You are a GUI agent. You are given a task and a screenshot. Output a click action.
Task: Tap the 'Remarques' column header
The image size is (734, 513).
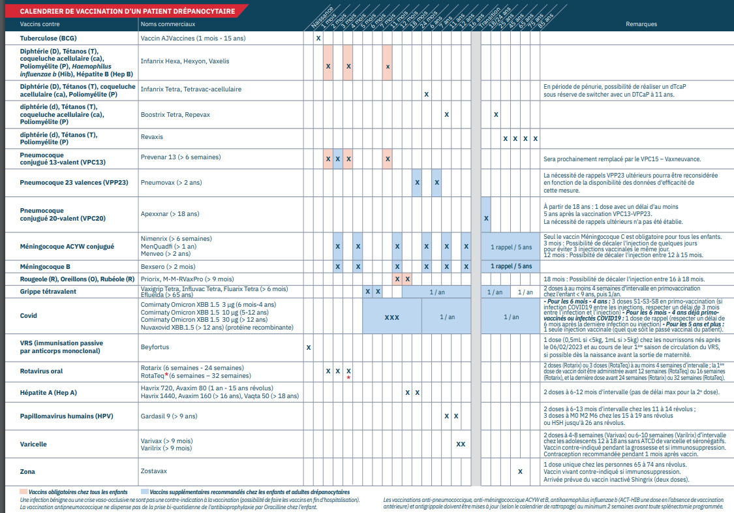[x=641, y=24]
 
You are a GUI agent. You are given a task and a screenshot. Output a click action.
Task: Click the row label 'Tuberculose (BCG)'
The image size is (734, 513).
[x=47, y=39]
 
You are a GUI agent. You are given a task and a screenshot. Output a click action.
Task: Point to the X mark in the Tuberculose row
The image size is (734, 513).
[x=318, y=39]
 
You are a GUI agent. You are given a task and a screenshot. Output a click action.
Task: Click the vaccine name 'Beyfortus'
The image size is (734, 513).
[x=155, y=347]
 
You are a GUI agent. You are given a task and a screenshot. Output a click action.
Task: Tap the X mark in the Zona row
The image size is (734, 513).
[x=520, y=471]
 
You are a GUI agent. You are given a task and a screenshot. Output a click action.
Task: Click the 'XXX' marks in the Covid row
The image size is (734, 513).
[x=391, y=317]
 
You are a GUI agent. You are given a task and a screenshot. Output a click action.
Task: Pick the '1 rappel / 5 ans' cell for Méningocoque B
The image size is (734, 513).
[x=511, y=266]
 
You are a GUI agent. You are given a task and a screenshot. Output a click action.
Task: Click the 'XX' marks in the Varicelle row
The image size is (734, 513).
[x=461, y=444]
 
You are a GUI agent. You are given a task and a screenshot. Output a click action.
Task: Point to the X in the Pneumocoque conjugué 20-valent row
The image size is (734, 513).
[x=486, y=217]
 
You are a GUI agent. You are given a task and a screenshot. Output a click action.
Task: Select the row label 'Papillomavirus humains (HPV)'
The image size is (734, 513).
[x=67, y=416]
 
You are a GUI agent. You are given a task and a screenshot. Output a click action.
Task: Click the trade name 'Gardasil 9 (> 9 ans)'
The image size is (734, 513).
[x=170, y=416]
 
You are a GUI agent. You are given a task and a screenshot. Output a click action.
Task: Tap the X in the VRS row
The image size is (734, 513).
[x=309, y=347]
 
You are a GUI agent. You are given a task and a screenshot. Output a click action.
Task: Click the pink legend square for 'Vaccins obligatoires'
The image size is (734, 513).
[x=23, y=491]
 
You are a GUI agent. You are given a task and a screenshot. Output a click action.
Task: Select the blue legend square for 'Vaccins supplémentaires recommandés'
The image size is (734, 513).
[x=144, y=491]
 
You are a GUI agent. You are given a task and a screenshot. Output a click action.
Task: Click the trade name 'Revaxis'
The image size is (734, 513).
[x=152, y=137]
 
